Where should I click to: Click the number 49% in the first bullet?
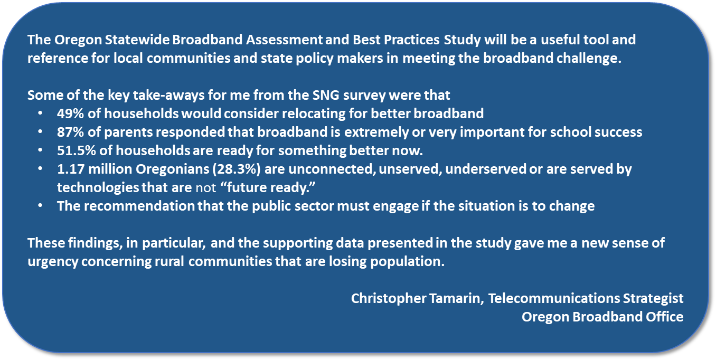(70, 113)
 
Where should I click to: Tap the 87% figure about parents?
(70, 132)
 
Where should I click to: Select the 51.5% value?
(77, 150)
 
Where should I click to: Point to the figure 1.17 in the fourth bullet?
(71, 169)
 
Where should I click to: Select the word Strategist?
(653, 299)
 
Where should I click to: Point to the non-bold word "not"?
(206, 188)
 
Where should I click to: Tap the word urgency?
(53, 262)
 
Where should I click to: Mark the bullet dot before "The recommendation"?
(40, 206)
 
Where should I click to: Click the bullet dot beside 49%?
(40, 113)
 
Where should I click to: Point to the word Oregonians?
(172, 169)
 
